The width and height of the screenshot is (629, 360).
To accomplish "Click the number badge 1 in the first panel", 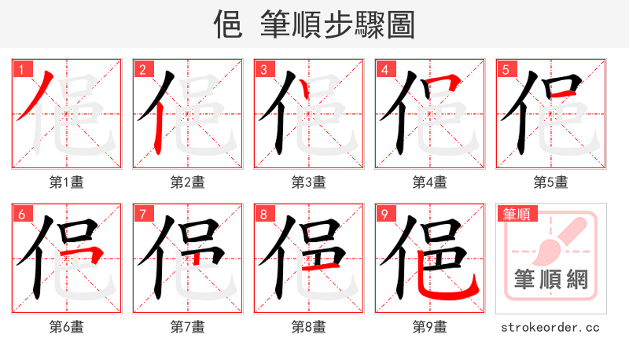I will pyautogui.click(x=20, y=69).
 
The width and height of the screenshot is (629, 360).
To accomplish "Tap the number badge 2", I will pyautogui.click(x=142, y=69).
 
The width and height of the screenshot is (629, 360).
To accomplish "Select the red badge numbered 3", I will pyautogui.click(x=263, y=69).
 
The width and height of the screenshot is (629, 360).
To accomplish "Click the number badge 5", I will pyautogui.click(x=505, y=69).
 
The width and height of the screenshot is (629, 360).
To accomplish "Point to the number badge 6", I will pyautogui.click(x=20, y=214).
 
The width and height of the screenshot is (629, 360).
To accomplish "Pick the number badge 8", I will pyautogui.click(x=263, y=214).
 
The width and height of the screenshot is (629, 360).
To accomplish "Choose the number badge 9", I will pyautogui.click(x=384, y=214).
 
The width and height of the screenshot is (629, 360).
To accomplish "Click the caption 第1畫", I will pyautogui.click(x=66, y=182).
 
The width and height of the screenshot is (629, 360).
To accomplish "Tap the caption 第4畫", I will pyautogui.click(x=429, y=182).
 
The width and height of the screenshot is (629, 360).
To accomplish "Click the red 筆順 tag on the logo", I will pyautogui.click(x=516, y=214).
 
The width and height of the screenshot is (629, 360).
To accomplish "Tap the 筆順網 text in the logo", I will pyautogui.click(x=550, y=278).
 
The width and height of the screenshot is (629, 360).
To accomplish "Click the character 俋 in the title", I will pyautogui.click(x=227, y=25).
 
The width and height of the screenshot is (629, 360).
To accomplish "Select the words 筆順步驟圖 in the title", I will pyautogui.click(x=337, y=25).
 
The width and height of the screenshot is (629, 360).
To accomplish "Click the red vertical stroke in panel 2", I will pyautogui.click(x=157, y=126).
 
